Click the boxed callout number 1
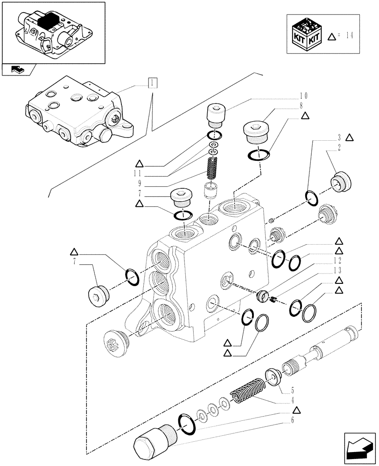(153, 83)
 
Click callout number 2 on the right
(338, 146)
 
